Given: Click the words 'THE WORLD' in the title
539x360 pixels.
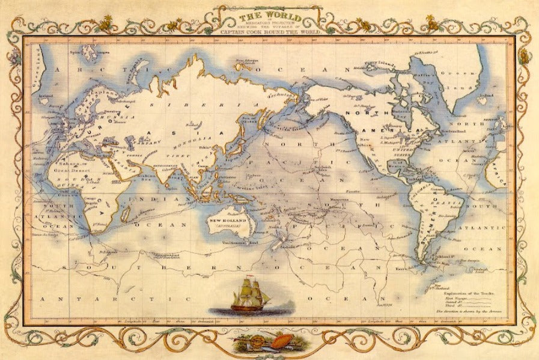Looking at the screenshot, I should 270,14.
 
